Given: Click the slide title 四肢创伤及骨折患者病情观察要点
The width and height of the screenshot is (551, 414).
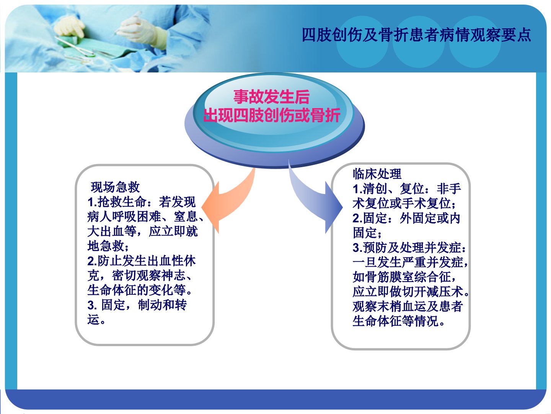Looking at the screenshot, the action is [416, 35].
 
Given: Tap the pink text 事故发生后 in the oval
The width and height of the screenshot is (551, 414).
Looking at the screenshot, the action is [271, 97].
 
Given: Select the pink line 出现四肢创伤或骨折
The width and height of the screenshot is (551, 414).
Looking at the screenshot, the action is [272, 115].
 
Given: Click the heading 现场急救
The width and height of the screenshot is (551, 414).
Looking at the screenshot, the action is [115, 187].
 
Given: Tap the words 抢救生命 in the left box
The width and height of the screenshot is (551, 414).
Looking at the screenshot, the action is [122, 202].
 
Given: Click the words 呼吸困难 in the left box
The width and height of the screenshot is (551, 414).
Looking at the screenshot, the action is [136, 217].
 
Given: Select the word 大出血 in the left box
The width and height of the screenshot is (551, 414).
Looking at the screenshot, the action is [106, 231].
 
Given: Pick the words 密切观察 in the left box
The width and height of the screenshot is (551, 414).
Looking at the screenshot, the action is [136, 276].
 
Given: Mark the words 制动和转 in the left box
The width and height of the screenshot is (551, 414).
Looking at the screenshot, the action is [162, 305].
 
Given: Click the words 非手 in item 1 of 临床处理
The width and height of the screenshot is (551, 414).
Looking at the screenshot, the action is [449, 189].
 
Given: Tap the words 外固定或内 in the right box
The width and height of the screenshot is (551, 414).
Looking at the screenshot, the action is [430, 218].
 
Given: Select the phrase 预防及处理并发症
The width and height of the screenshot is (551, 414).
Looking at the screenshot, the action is [412, 248].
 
